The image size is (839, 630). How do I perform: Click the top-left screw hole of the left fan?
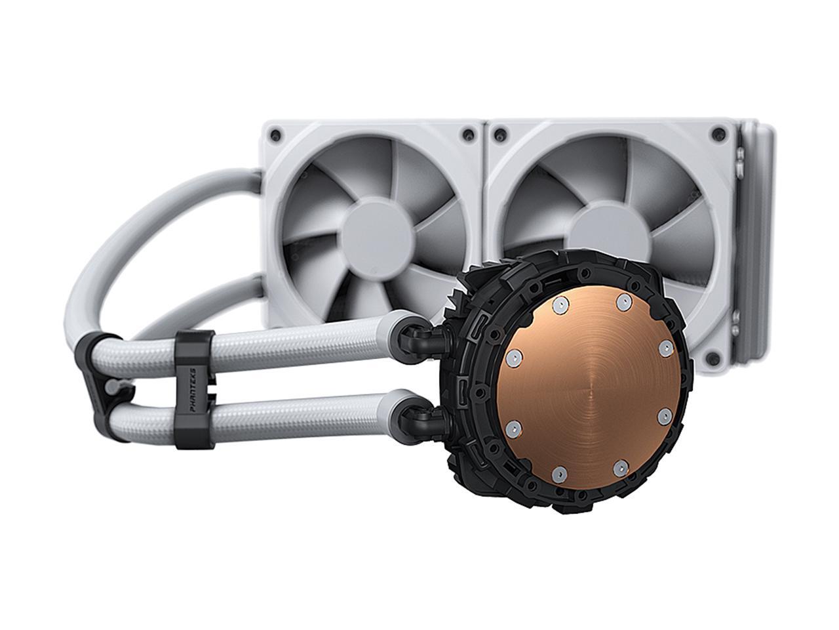pyautogui.click(x=275, y=135)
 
